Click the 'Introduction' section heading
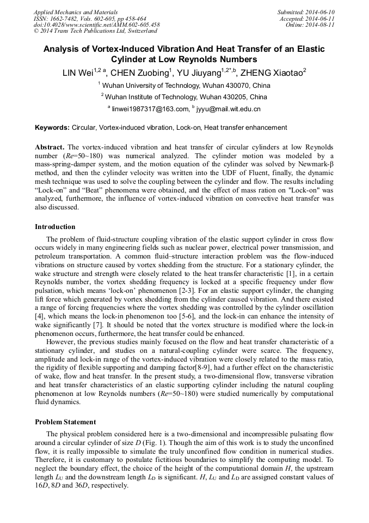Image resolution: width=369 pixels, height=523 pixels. click(x=55, y=227)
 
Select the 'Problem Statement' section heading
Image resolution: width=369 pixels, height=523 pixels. click(x=65, y=422)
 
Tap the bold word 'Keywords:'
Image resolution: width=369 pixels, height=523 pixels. click(x=52, y=128)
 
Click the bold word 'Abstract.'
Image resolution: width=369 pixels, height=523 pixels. click(x=50, y=148)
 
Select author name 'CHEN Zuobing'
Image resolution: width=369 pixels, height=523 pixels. click(x=140, y=73)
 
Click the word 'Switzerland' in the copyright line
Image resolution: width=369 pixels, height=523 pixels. click(x=139, y=31)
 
